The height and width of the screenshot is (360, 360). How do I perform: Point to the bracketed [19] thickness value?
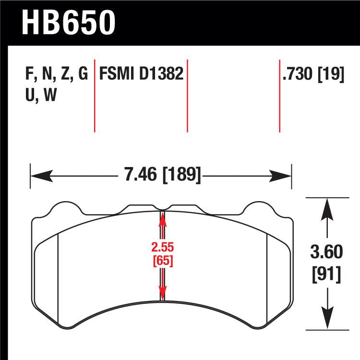(x=331, y=75)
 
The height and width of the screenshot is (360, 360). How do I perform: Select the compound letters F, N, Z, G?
(x=55, y=75)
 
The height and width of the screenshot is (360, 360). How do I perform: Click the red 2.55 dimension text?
(x=162, y=248)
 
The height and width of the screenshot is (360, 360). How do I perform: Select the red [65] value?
(x=162, y=261)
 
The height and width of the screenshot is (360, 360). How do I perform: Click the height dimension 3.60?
(x=327, y=250)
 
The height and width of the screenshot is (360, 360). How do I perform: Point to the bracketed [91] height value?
(x=327, y=275)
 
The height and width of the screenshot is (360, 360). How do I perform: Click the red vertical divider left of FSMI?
(x=95, y=96)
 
